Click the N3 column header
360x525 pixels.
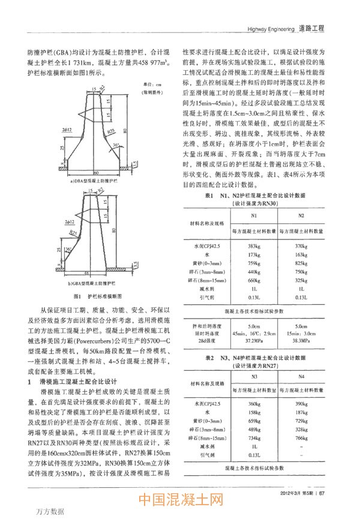(253, 377)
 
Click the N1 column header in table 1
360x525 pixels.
(253, 215)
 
